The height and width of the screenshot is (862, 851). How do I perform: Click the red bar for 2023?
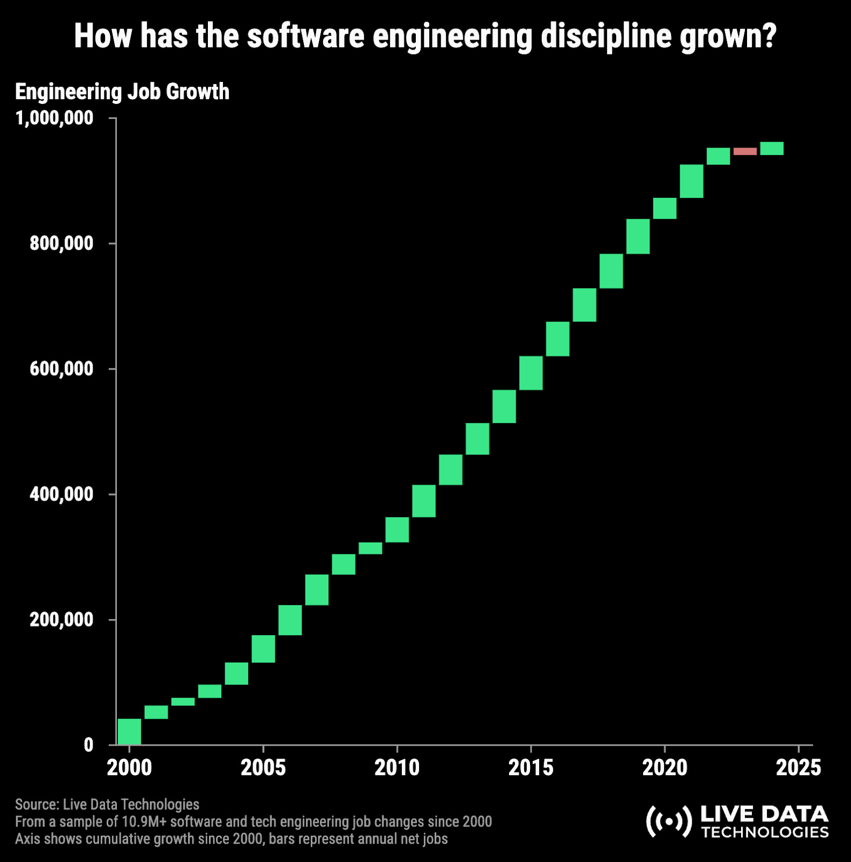pyautogui.click(x=745, y=151)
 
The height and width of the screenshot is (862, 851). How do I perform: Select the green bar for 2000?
pyautogui.click(x=129, y=732)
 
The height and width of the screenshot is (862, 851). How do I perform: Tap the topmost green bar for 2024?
pyautogui.click(x=772, y=149)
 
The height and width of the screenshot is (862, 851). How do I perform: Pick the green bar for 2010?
pyautogui.click(x=397, y=530)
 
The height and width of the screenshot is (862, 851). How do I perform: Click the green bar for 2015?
pyautogui.click(x=531, y=373)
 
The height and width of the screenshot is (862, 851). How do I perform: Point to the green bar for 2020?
pyautogui.click(x=665, y=208)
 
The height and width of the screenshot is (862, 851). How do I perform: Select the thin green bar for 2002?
pyautogui.click(x=183, y=701)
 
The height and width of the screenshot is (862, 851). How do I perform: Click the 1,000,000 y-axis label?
pyautogui.click(x=54, y=118)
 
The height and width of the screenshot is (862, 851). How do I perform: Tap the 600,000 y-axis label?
pyautogui.click(x=61, y=369)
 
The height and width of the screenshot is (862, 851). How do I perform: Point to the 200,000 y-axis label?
pyautogui.click(x=61, y=620)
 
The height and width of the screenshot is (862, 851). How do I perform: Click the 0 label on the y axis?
pyautogui.click(x=88, y=745)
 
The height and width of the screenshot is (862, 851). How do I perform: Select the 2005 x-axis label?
pyautogui.click(x=263, y=768)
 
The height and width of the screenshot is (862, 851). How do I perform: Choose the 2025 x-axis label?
pyautogui.click(x=798, y=768)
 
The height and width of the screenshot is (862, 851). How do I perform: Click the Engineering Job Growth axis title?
pyautogui.click(x=122, y=92)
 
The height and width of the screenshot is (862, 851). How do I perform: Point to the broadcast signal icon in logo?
pyautogui.click(x=668, y=822)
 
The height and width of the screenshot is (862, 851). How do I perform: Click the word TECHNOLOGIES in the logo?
pyautogui.click(x=765, y=832)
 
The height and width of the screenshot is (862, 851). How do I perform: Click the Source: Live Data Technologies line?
pyautogui.click(x=107, y=804)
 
